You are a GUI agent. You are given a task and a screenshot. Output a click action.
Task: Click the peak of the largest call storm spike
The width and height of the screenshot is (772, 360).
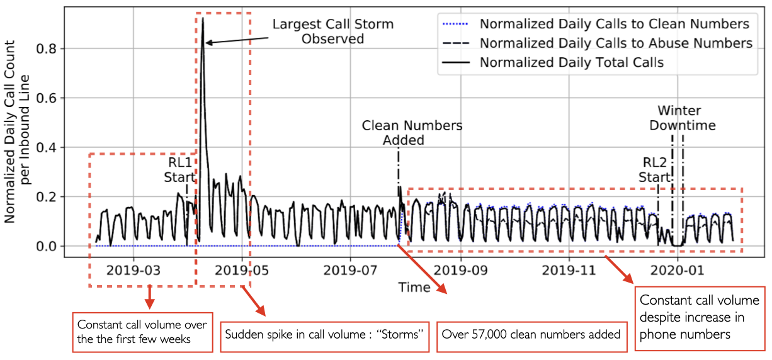[203, 19]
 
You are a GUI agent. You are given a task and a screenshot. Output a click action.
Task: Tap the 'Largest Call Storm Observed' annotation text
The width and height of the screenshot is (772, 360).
[332, 31]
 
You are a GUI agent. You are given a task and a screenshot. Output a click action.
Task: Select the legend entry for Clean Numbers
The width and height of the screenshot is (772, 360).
[614, 24]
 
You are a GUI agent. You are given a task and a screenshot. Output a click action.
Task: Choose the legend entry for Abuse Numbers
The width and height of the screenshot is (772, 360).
[616, 43]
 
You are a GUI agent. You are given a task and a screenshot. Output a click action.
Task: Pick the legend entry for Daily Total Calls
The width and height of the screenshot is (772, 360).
[571, 62]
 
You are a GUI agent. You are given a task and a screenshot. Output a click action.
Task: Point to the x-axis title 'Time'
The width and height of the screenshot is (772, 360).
[414, 288]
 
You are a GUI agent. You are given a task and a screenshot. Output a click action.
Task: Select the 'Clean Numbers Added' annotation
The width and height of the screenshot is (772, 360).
[412, 132]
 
